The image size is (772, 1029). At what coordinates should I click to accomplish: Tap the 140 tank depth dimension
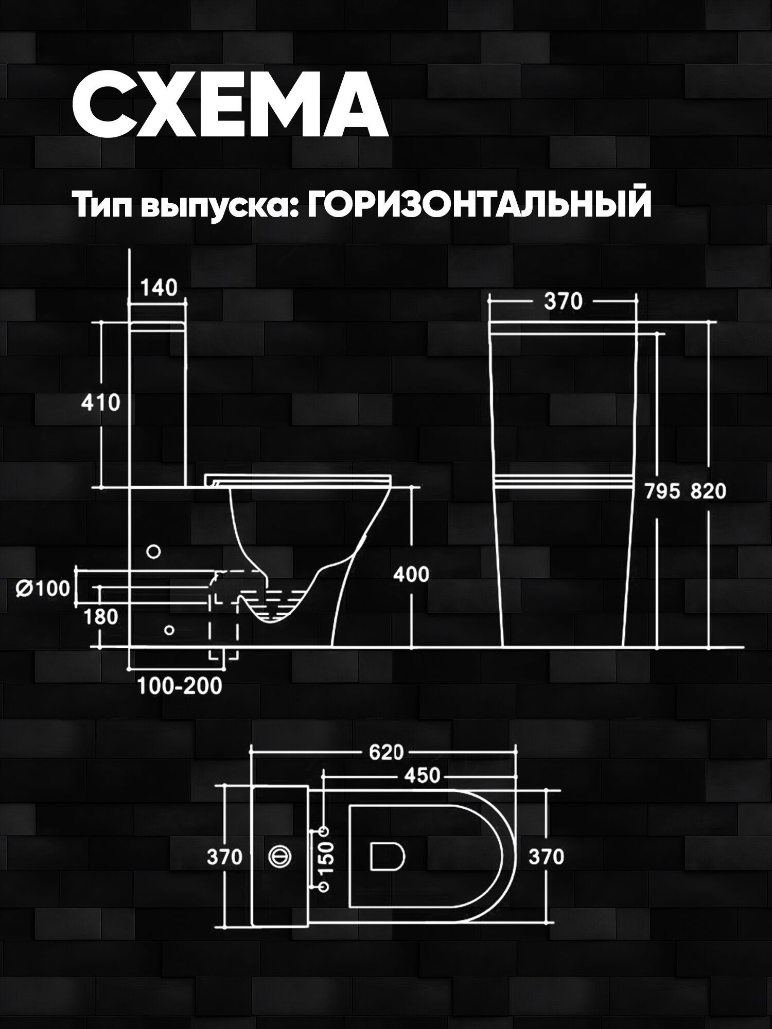pyautogui.click(x=159, y=288)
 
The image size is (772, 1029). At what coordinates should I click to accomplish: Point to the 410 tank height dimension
pyautogui.click(x=100, y=402)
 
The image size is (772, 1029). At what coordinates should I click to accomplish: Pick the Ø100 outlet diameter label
pyautogui.click(x=43, y=588)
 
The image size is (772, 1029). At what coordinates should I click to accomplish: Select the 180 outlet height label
pyautogui.click(x=100, y=616)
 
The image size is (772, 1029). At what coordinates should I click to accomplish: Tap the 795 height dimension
pyautogui.click(x=663, y=492)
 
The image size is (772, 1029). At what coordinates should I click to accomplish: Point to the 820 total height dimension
pyautogui.click(x=708, y=492)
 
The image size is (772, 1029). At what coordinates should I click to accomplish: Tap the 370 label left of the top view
pyautogui.click(x=224, y=857)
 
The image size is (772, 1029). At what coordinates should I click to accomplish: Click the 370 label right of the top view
pyautogui.click(x=547, y=857)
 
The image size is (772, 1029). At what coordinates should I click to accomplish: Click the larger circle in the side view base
pyautogui.click(x=153, y=552)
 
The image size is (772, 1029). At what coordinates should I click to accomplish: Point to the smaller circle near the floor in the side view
pyautogui.click(x=168, y=629)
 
